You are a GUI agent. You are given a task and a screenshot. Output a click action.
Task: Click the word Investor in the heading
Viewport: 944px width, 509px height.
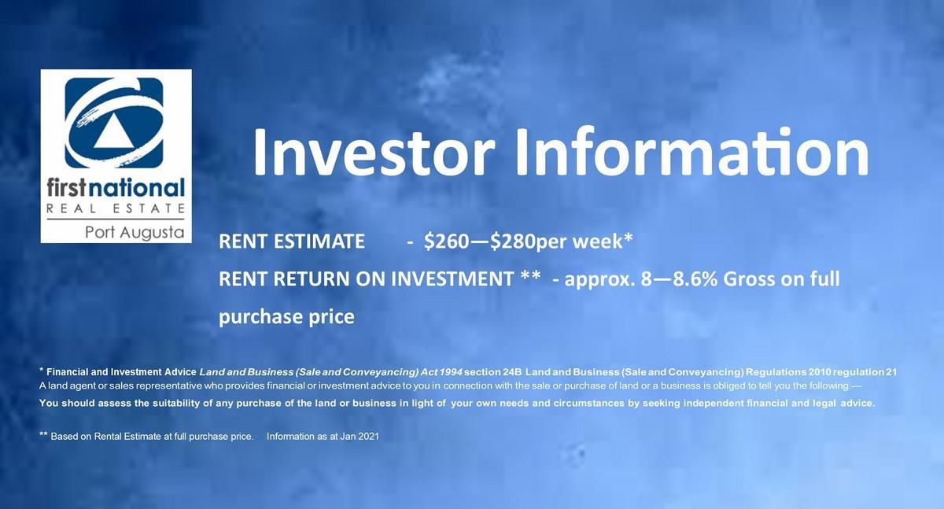pyautogui.click(x=374, y=151)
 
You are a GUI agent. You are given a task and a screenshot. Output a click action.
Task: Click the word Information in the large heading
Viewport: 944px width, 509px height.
pyautogui.click(x=692, y=151)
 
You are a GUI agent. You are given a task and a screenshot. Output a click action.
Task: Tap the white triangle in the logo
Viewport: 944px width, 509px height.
pyautogui.click(x=113, y=132)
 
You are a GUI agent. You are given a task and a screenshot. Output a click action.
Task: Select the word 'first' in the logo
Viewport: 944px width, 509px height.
pyautogui.click(x=68, y=188)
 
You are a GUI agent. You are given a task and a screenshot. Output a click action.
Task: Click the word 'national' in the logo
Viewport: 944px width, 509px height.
pyautogui.click(x=137, y=188)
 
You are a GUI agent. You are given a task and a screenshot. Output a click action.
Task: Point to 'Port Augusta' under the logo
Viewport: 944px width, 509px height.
pyautogui.click(x=135, y=233)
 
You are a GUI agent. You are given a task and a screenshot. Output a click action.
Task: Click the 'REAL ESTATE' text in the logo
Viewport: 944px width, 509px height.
pyautogui.click(x=116, y=208)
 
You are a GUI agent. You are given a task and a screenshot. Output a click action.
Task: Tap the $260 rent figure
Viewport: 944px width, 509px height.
pyautogui.click(x=446, y=242)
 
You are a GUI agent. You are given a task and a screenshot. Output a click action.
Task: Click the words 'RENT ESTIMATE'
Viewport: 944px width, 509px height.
pyautogui.click(x=292, y=242)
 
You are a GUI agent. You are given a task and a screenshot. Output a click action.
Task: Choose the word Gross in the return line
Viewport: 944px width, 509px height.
pyautogui.click(x=749, y=279)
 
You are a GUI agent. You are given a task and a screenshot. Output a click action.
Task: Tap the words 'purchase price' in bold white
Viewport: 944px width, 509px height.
pyautogui.click(x=286, y=317)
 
